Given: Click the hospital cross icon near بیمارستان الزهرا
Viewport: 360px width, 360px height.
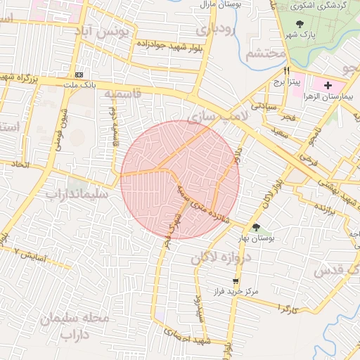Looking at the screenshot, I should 328,84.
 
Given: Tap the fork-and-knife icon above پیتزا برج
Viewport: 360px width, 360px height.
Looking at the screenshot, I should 286,71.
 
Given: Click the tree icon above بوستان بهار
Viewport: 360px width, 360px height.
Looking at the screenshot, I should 255,226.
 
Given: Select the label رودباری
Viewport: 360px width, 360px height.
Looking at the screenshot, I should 212,30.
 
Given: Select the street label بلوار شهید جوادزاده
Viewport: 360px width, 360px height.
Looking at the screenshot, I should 167,45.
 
